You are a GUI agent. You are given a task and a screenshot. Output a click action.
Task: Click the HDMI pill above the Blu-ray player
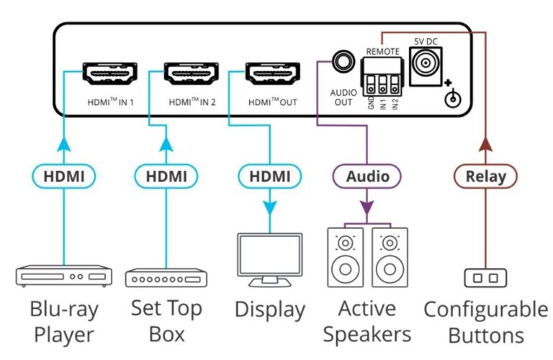(x=65, y=176)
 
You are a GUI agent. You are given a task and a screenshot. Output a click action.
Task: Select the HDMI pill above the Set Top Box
(x=166, y=176)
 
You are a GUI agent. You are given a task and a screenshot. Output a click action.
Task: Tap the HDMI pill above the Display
(x=270, y=176)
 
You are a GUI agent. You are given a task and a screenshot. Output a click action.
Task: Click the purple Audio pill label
(x=367, y=176)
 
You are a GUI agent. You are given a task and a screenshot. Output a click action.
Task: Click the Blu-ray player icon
(x=64, y=276)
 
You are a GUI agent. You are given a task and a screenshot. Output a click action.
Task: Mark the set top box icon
(x=166, y=278)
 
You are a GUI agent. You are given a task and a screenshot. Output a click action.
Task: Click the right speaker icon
(x=390, y=257)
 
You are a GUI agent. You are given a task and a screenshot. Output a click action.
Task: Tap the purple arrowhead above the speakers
(x=367, y=208)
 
